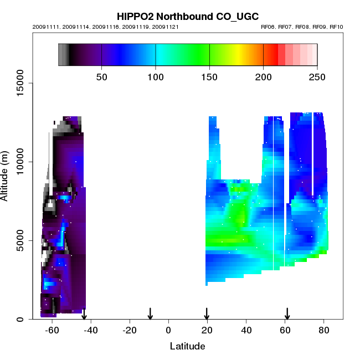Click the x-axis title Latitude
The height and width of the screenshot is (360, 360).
tap(187, 346)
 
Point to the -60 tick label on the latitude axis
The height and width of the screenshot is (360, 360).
tap(52, 330)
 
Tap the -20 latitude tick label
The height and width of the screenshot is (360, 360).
tap(130, 330)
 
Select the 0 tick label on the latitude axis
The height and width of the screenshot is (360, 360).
tap(168, 330)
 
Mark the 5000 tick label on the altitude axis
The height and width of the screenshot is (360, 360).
tap(21, 240)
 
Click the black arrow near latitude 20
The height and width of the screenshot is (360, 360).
tap(207, 314)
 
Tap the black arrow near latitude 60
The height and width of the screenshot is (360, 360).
tap(287, 314)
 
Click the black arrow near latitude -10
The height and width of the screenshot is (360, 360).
tap(150, 314)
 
